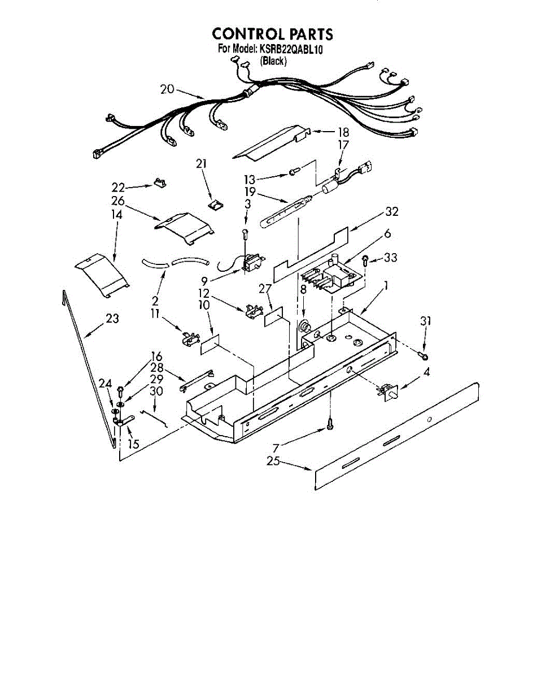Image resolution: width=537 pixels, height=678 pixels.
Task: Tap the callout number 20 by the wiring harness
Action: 167,89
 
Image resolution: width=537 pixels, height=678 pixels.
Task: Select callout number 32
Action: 391,212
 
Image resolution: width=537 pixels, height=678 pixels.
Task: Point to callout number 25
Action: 274,461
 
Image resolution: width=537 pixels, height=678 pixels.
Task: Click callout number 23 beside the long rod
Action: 112,319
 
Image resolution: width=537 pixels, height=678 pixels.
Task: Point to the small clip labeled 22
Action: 161,182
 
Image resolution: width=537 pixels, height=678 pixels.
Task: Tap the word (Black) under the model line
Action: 273,61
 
